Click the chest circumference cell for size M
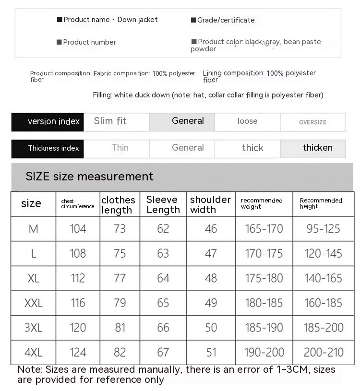pyautogui.click(x=78, y=229)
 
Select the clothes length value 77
pyautogui.click(x=120, y=278)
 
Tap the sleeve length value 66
pyautogui.click(x=163, y=328)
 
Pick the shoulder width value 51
pyautogui.click(x=211, y=353)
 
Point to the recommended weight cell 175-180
pyautogui.click(x=264, y=278)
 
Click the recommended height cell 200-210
pyautogui.click(x=324, y=353)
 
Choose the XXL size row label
pyautogui.click(x=34, y=303)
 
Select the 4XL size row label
pyautogui.click(x=34, y=353)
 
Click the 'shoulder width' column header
pyautogui.click(x=210, y=204)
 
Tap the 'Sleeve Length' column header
pyautogui.click(x=163, y=204)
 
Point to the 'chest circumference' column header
pyautogui.click(x=77, y=204)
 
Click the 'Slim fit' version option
pyautogui.click(x=110, y=121)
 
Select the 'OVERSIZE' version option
pyautogui.click(x=312, y=122)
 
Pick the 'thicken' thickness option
pyautogui.click(x=317, y=148)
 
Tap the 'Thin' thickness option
pyautogui.click(x=120, y=148)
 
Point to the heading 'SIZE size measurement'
pyautogui.click(x=89, y=176)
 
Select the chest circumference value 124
pyautogui.click(x=78, y=353)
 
